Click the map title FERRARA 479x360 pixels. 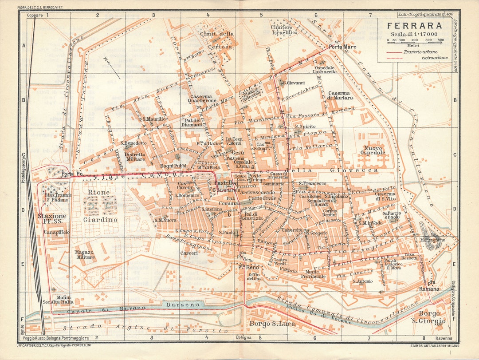tap(413, 26)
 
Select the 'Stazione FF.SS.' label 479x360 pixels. tap(50, 218)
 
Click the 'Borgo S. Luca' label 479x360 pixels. tap(268, 323)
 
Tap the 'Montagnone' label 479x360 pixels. tap(433, 240)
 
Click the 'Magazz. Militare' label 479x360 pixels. tap(85, 254)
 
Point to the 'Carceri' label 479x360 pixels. tap(188, 253)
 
